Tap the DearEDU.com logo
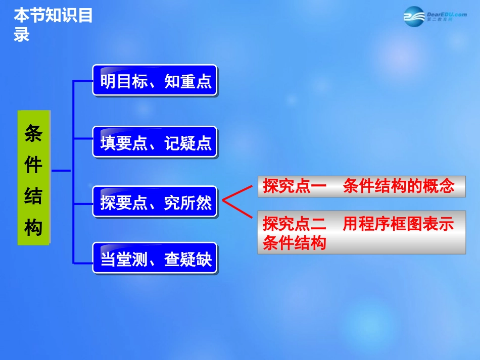pos(434,16)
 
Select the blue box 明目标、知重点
pos(155,81)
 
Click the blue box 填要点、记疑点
pos(155,142)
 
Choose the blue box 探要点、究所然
pos(155,202)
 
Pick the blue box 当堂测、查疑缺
pos(155,259)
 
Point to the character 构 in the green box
pos(34,228)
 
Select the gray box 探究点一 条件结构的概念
pos(361,186)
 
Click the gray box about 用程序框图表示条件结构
pos(361,232)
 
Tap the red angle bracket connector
pos(235,201)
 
